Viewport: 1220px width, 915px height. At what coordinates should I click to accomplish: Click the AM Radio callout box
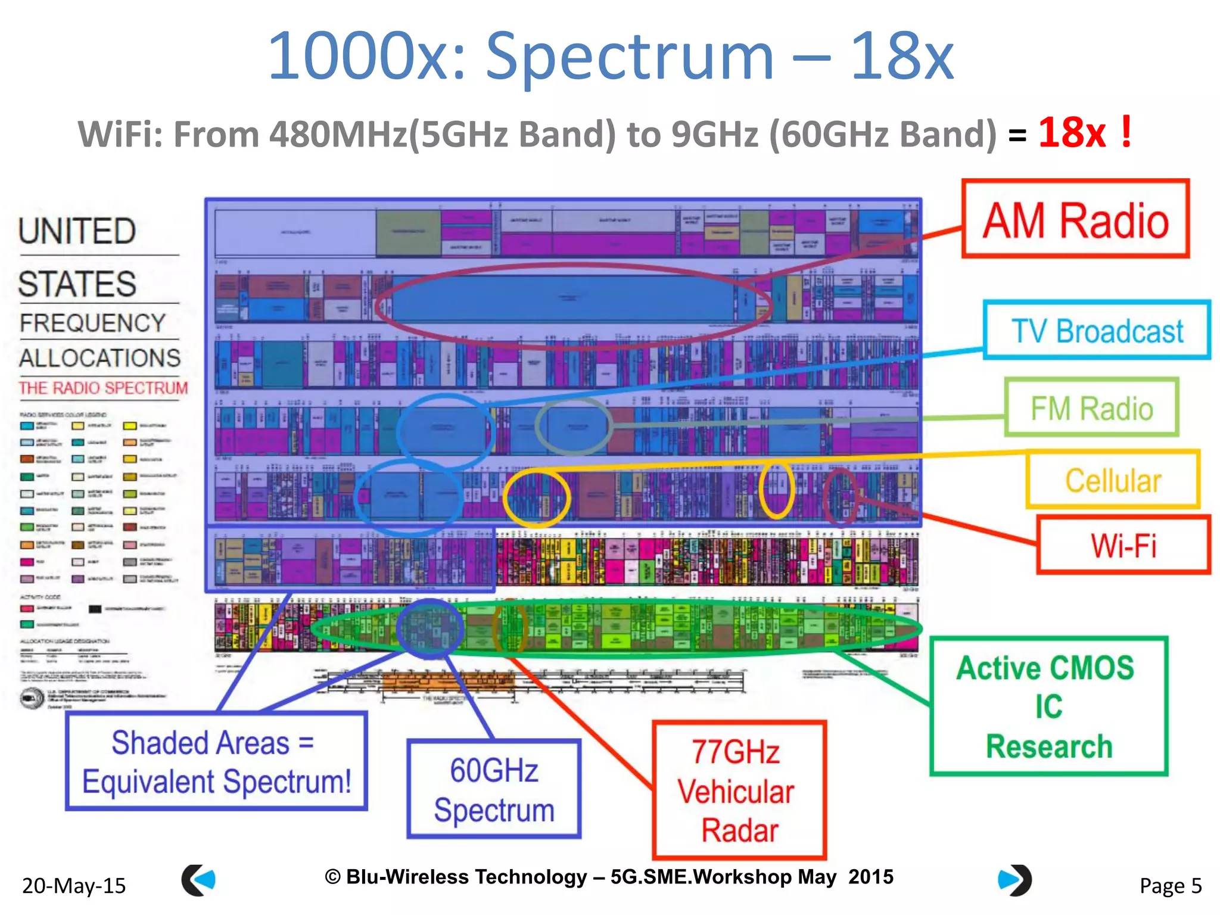[1075, 219]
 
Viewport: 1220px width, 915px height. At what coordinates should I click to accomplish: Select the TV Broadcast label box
[1097, 331]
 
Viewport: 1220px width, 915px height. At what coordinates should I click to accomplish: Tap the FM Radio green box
[1091, 408]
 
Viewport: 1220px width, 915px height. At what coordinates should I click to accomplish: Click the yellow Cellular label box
[1112, 480]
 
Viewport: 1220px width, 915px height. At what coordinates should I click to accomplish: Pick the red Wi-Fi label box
[1123, 544]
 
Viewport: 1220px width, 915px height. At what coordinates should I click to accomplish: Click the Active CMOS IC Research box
[1048, 707]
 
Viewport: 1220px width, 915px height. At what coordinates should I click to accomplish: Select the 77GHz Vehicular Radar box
[739, 790]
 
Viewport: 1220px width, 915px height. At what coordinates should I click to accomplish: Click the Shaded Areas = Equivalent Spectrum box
[216, 761]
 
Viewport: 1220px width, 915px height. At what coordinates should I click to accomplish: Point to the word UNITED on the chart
[77, 231]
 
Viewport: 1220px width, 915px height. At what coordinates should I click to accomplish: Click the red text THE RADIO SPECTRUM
[103, 388]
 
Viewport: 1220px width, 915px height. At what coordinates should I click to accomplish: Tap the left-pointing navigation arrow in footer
[198, 880]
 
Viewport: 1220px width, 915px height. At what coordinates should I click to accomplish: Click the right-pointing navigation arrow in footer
[1014, 880]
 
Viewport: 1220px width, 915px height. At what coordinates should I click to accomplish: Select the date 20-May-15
[74, 886]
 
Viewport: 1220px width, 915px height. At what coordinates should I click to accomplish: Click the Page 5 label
[1170, 886]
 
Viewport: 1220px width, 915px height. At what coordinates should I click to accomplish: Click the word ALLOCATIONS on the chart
[99, 358]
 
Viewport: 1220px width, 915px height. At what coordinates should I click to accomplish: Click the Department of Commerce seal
[31, 698]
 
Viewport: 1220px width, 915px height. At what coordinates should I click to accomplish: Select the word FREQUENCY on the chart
[92, 323]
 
